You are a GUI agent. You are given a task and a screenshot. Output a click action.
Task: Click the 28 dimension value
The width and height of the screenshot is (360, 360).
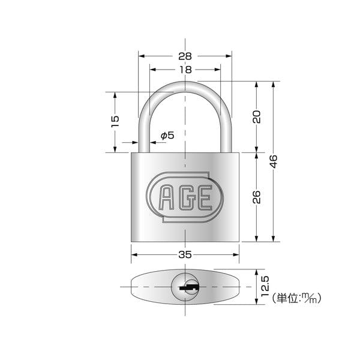(185, 56)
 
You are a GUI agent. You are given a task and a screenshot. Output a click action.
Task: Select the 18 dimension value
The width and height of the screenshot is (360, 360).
(185, 70)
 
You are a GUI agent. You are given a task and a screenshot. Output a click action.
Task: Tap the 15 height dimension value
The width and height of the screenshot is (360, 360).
(115, 121)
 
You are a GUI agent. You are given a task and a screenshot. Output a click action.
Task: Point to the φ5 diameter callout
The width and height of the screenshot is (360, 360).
(167, 136)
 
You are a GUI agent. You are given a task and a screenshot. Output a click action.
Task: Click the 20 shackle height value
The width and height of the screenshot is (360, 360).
(257, 117)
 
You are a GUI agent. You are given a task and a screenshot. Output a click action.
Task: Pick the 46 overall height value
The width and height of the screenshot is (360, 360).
(273, 161)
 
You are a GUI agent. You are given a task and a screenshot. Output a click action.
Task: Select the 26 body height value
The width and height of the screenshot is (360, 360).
(257, 197)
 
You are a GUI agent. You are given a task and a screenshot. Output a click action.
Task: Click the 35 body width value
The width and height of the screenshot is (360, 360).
(185, 254)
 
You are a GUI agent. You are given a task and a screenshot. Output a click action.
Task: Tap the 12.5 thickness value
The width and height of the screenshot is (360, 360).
(265, 286)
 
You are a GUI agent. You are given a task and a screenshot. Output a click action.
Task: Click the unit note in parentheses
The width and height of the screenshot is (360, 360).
(296, 298)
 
